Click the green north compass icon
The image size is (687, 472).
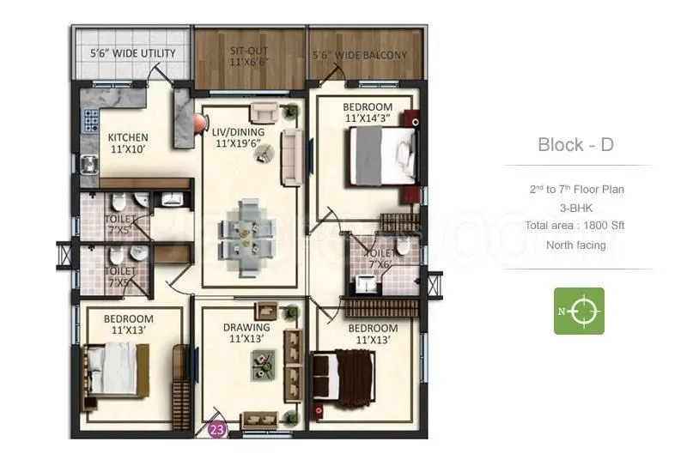578,311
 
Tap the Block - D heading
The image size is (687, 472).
575,144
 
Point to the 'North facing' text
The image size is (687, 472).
575,245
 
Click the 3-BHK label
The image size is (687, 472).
576,208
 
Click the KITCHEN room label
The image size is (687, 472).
128,142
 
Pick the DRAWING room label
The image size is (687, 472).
246,332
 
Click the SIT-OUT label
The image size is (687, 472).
249,57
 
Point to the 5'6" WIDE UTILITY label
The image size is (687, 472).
133,53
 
